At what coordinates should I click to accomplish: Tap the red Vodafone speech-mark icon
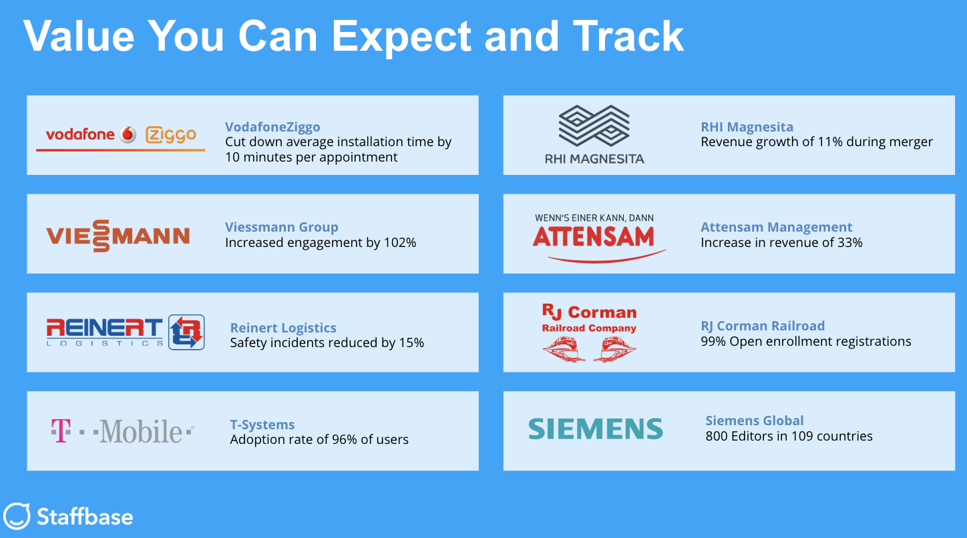(128, 134)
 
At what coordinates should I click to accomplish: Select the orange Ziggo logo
(171, 135)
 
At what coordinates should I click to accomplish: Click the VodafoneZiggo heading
(272, 127)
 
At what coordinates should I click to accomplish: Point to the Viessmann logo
(118, 236)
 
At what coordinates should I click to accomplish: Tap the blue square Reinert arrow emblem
(186, 332)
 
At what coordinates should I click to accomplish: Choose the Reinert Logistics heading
(283, 328)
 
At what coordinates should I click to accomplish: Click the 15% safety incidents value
(411, 342)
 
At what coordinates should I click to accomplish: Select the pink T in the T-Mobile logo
(61, 431)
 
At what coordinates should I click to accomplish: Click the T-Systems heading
(262, 424)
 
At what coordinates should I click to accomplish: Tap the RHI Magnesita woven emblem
(594, 125)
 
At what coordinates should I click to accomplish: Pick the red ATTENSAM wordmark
(594, 237)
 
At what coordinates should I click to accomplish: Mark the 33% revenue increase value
(850, 242)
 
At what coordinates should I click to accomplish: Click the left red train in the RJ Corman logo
(564, 350)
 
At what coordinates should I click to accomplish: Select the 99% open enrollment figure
(713, 341)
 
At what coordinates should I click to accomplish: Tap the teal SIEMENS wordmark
(596, 429)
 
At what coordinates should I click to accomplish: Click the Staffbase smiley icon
(17, 515)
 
